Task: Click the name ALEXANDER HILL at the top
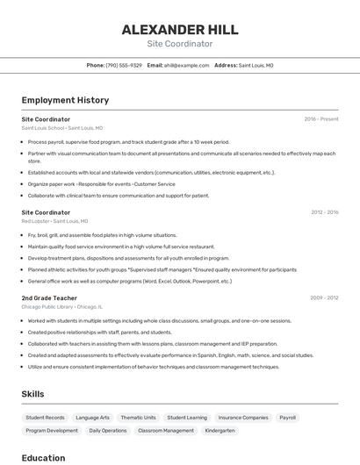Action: [180, 29]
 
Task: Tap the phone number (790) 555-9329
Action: [123, 65]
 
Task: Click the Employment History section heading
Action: [65, 100]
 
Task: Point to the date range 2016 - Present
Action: [321, 118]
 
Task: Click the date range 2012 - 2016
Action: [324, 212]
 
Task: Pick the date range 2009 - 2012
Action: [324, 298]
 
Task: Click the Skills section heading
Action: [32, 394]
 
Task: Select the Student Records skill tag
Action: [45, 418]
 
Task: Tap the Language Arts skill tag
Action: [92, 418]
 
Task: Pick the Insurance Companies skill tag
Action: [243, 418]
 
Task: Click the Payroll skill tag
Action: [287, 418]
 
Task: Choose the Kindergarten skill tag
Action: [220, 431]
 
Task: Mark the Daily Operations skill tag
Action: [108, 431]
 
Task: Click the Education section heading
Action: [43, 458]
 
